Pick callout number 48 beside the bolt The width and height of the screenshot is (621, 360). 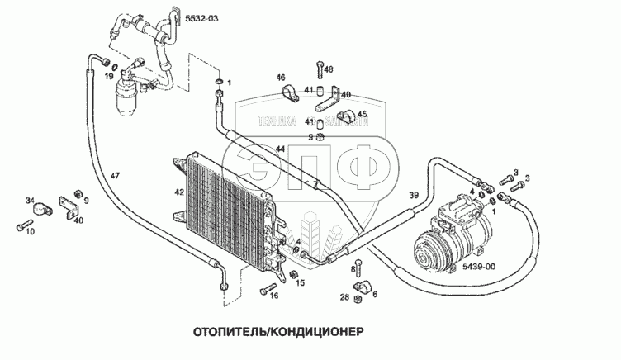pyautogui.click(x=329, y=69)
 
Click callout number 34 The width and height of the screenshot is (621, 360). pyautogui.click(x=30, y=200)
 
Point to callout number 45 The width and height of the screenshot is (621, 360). pyautogui.click(x=362, y=114)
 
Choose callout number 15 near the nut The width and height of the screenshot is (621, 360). pyautogui.click(x=300, y=283)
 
